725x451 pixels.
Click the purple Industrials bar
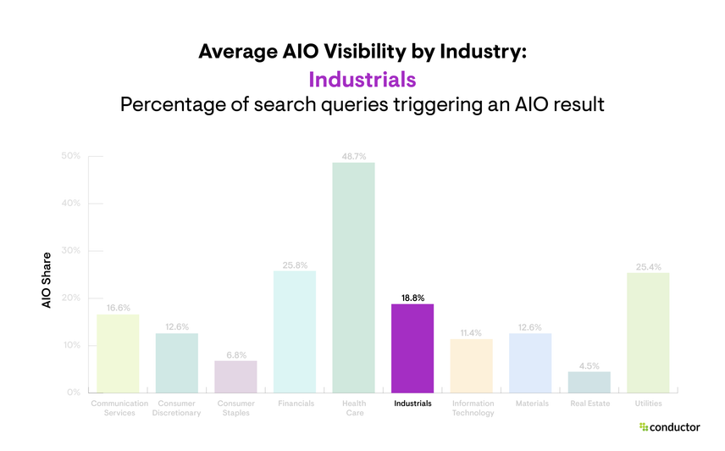pyautogui.click(x=412, y=348)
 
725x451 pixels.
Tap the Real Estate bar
pyautogui.click(x=589, y=382)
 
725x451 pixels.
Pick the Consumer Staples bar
pyautogui.click(x=235, y=377)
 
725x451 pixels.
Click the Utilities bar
pyautogui.click(x=648, y=332)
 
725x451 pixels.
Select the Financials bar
pyautogui.click(x=295, y=331)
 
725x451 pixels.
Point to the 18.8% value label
pyautogui.click(x=412, y=298)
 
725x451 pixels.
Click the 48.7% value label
pyautogui.click(x=353, y=157)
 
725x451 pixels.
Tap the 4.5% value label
pyautogui.click(x=589, y=365)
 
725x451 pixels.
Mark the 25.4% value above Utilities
pyautogui.click(x=648, y=267)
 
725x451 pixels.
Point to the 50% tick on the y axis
pyautogui.click(x=71, y=156)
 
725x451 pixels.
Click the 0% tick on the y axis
pyautogui.click(x=73, y=393)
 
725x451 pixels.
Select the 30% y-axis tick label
pyautogui.click(x=71, y=251)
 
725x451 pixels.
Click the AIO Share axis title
pyautogui.click(x=47, y=280)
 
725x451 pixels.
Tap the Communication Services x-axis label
pyautogui.click(x=119, y=408)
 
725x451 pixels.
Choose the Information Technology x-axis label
pyautogui.click(x=472, y=408)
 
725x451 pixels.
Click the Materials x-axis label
pyautogui.click(x=531, y=404)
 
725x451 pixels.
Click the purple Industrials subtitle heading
pyautogui.click(x=362, y=80)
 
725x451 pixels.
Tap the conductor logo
pyautogui.click(x=670, y=427)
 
